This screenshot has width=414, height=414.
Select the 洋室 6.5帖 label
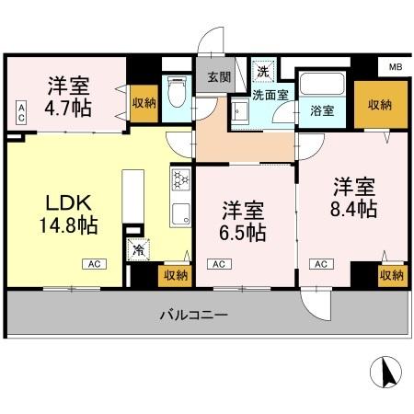click(x=244, y=222)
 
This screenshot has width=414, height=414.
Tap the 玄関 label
click(x=219, y=75)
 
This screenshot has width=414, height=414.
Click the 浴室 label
click(x=323, y=111)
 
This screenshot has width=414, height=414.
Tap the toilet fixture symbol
click(x=178, y=92)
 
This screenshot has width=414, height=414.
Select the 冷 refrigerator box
click(x=139, y=248)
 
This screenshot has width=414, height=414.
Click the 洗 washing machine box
click(x=263, y=71)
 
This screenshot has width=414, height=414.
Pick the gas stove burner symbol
click(x=179, y=178)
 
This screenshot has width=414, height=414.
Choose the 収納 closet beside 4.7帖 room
click(x=143, y=103)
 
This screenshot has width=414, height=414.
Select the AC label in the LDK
click(x=95, y=265)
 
